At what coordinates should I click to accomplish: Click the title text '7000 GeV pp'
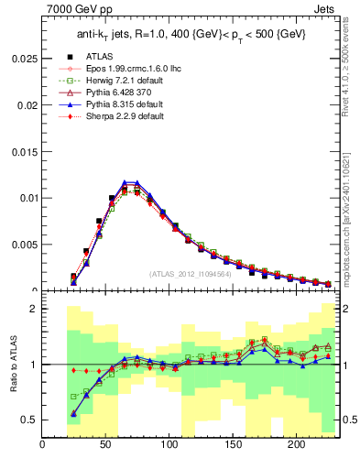tap(74, 10)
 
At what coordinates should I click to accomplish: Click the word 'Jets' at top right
tap(324, 10)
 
